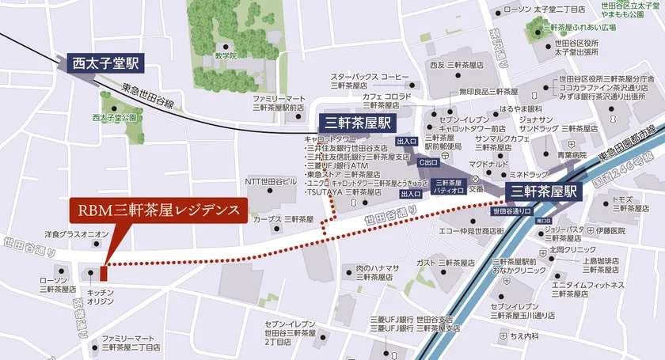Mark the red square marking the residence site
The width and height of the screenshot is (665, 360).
[x=103, y=273]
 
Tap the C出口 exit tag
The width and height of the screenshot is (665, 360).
[x=427, y=162]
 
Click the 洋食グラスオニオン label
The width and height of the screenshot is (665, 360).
[x=76, y=233]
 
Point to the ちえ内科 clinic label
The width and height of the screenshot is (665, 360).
[x=525, y=336]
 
